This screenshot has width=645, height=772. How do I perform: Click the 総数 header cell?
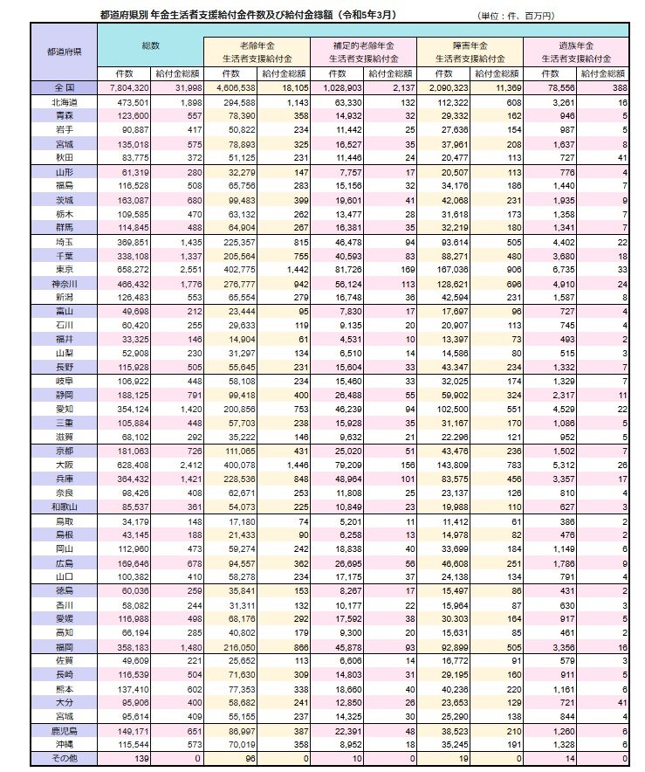tap(150, 44)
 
